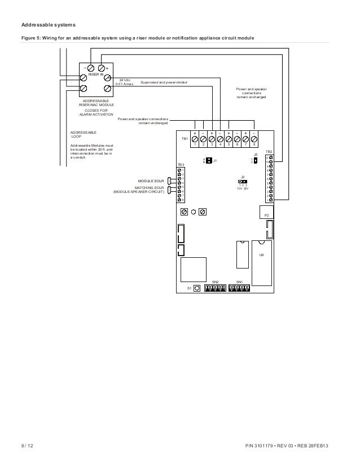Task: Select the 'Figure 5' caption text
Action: pyautogui.click(x=138, y=38)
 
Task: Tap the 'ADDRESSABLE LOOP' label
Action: pyautogui.click(x=83, y=134)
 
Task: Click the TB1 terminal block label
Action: pyautogui.click(x=185, y=138)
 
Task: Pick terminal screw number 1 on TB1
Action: pyautogui.click(x=195, y=138)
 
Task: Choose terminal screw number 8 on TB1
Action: pyautogui.click(x=254, y=138)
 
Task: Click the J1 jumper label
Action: pyautogui.click(x=215, y=161)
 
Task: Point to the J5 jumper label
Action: pyautogui.click(x=255, y=153)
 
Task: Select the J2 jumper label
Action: pyautogui.click(x=243, y=177)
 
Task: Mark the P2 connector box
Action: pyautogui.click(x=266, y=214)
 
